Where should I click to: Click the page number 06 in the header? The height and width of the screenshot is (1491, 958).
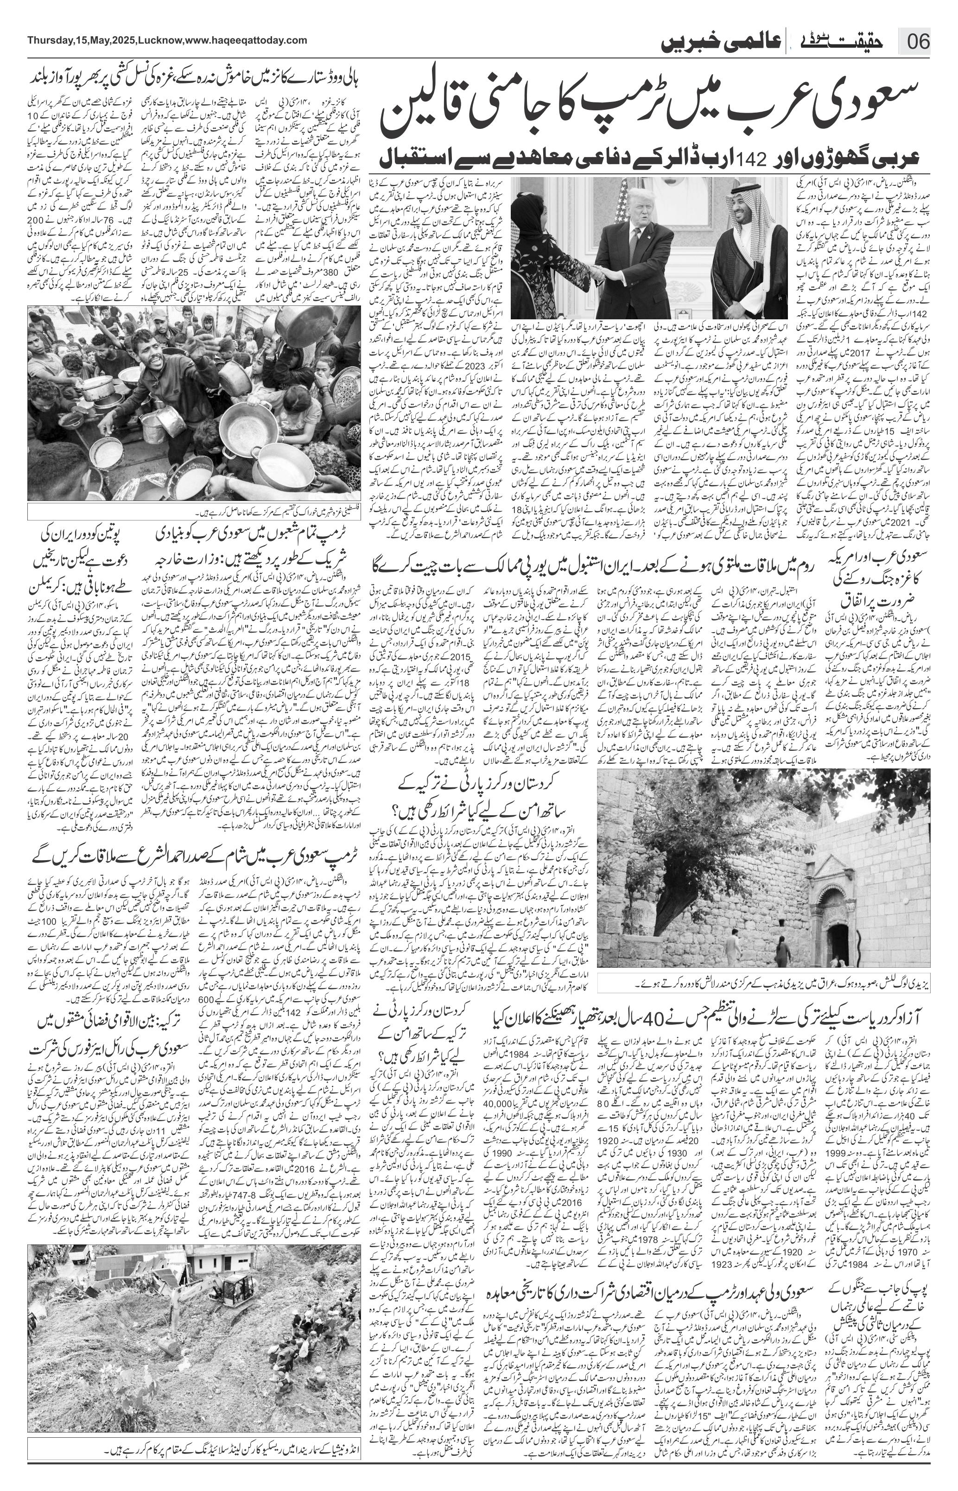(x=918, y=44)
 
